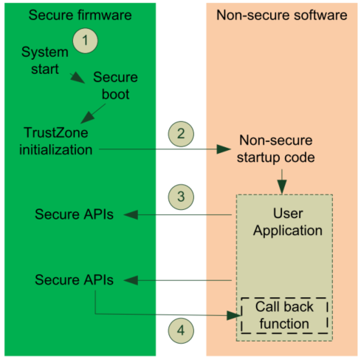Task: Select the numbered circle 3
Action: click(180, 199)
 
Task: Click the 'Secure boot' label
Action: click(114, 85)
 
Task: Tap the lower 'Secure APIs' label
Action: click(69, 280)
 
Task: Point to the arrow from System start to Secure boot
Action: click(75, 76)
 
